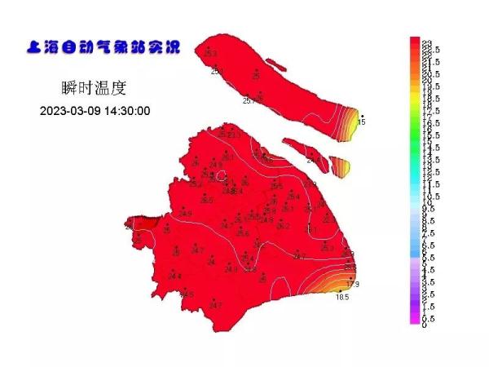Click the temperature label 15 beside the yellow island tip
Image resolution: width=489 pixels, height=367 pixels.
click(x=361, y=122)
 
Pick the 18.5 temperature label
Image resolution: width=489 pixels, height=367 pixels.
click(x=342, y=298)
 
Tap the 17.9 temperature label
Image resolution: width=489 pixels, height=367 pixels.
click(x=353, y=285)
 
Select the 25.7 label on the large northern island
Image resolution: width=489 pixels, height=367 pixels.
click(x=249, y=101)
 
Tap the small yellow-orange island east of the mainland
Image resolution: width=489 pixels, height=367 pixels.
click(x=342, y=167)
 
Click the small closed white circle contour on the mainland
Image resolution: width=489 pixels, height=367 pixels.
click(x=218, y=175)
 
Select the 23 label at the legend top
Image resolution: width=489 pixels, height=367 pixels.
click(x=425, y=42)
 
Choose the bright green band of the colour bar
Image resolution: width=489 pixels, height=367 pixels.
click(x=414, y=130)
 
